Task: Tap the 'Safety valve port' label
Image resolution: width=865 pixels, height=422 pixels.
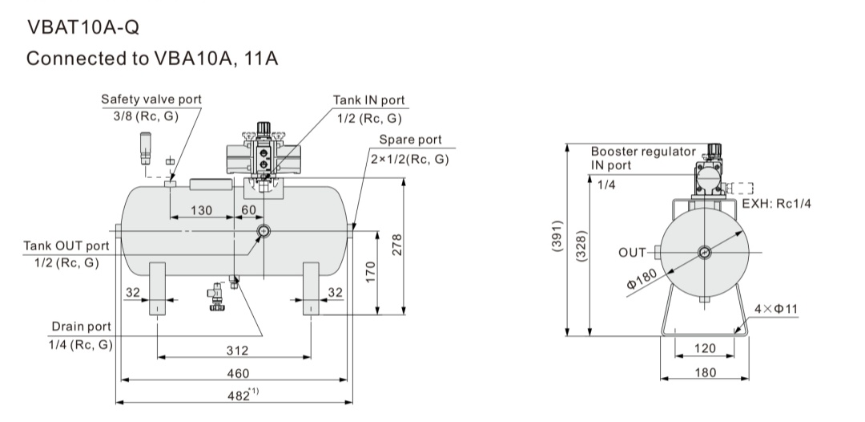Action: [x=151, y=99]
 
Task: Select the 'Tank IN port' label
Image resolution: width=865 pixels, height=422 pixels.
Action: [x=369, y=100]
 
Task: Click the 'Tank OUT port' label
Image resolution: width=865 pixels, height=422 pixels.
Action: [x=66, y=245]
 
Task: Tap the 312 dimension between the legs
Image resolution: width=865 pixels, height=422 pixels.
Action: [x=237, y=351]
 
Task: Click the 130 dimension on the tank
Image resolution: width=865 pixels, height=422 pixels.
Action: [x=201, y=210]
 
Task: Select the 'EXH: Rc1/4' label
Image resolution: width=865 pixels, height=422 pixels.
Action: [x=776, y=204]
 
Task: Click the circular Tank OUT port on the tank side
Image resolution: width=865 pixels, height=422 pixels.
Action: [x=264, y=231]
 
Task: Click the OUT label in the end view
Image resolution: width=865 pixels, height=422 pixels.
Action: [x=632, y=253]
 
